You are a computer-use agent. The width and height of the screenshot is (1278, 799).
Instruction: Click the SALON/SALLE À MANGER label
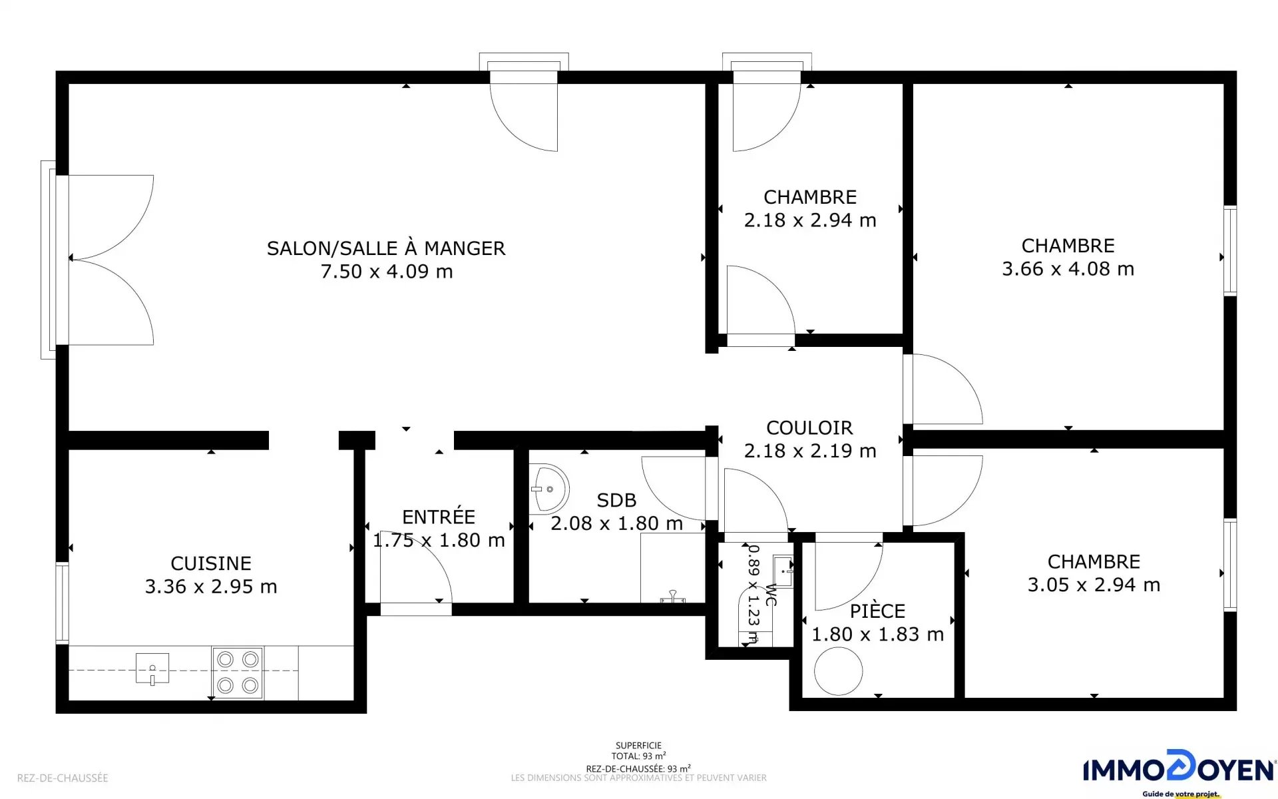(x=386, y=248)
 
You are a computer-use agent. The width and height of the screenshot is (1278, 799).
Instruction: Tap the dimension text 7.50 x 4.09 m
(x=387, y=272)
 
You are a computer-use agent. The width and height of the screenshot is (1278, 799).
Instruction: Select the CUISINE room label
(x=211, y=563)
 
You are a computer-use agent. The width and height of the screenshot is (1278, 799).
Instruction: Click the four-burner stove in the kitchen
(x=238, y=672)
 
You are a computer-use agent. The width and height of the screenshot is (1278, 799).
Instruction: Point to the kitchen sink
(x=152, y=668)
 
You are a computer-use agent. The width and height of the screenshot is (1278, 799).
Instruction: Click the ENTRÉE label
(x=439, y=517)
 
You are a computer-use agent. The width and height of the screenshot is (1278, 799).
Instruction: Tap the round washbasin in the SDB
(x=550, y=489)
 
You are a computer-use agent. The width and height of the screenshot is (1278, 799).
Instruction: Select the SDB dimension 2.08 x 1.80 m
(x=617, y=523)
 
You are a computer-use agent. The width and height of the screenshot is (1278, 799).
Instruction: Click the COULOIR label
(x=809, y=427)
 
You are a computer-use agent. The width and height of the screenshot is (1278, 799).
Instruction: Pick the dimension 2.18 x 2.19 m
(x=810, y=451)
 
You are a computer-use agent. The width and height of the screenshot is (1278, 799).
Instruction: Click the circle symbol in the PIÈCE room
(x=838, y=671)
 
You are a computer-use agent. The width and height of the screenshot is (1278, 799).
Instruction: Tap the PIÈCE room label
(x=877, y=611)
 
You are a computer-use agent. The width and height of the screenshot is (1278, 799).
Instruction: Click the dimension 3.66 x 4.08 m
(x=1068, y=269)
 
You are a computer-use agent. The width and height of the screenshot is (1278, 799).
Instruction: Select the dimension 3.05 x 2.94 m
(x=1094, y=585)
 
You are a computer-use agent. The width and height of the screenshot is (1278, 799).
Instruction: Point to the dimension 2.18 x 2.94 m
(x=810, y=220)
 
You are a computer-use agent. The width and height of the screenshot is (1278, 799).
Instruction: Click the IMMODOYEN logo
(x=1179, y=772)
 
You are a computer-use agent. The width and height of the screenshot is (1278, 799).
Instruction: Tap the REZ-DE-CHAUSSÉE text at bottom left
(x=63, y=778)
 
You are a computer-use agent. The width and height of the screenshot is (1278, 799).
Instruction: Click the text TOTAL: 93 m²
(x=639, y=756)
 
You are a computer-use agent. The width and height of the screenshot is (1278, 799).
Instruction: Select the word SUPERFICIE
(x=639, y=746)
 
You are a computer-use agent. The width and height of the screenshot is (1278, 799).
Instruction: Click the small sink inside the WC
(x=783, y=571)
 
